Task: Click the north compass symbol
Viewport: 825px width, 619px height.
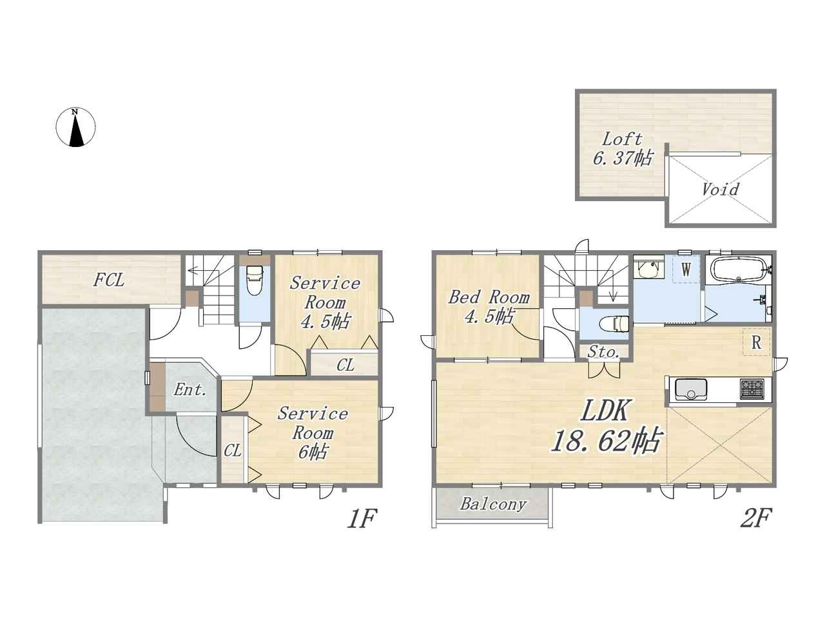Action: (75, 127)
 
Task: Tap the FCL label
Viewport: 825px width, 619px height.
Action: (109, 280)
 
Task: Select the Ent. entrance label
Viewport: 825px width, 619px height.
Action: (190, 389)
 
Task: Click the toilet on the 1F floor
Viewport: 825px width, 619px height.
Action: (255, 280)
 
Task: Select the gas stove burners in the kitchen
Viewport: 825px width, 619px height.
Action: (752, 389)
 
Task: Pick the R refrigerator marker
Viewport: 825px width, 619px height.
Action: (756, 342)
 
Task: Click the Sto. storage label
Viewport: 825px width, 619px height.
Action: (604, 352)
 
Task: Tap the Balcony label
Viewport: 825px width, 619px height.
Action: (493, 504)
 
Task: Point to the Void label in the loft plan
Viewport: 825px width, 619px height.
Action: (721, 189)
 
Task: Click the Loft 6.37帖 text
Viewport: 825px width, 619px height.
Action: (623, 149)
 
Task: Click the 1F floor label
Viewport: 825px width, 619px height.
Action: (362, 518)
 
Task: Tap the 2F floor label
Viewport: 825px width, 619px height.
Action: (756, 518)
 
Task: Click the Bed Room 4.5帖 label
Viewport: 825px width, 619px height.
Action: (489, 307)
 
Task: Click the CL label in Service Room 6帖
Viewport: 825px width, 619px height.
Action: (232, 450)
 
